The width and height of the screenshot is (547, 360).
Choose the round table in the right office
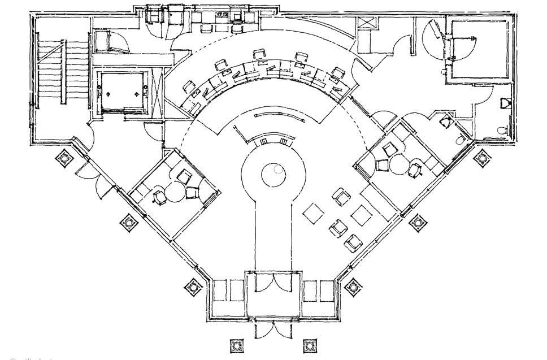[399, 164]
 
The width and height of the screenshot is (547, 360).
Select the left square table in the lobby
[312, 214]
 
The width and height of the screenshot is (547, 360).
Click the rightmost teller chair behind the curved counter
[337, 73]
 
